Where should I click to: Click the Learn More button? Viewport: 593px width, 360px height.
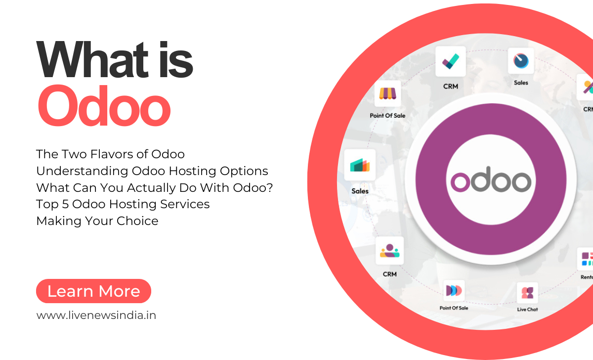pyautogui.click(x=93, y=291)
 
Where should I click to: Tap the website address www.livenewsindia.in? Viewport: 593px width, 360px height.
pyautogui.click(x=96, y=315)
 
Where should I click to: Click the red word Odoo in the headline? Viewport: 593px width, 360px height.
pyautogui.click(x=104, y=106)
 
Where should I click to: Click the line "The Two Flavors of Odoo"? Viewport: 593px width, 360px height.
pyautogui.click(x=110, y=154)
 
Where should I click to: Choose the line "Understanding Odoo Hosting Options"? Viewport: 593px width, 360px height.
pyautogui.click(x=152, y=171)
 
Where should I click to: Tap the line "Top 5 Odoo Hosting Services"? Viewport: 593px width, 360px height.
pyautogui.click(x=123, y=204)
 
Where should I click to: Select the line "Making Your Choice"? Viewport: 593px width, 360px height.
pyautogui.click(x=97, y=221)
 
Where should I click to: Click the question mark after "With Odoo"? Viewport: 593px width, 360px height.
pyautogui.click(x=270, y=188)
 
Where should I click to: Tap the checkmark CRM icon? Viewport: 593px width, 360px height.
pyautogui.click(x=450, y=61)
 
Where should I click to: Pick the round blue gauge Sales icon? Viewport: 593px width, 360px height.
pyautogui.click(x=521, y=61)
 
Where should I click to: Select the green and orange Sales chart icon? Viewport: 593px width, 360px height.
pyautogui.click(x=360, y=166)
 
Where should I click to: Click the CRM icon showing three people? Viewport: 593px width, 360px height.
pyautogui.click(x=389, y=251)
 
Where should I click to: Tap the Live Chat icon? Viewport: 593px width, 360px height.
pyautogui.click(x=527, y=293)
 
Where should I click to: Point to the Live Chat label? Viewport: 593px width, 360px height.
pyautogui.click(x=527, y=310)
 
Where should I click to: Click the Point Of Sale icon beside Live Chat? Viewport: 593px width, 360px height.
pyautogui.click(x=454, y=290)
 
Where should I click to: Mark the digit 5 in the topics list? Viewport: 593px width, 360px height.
pyautogui.click(x=67, y=204)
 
